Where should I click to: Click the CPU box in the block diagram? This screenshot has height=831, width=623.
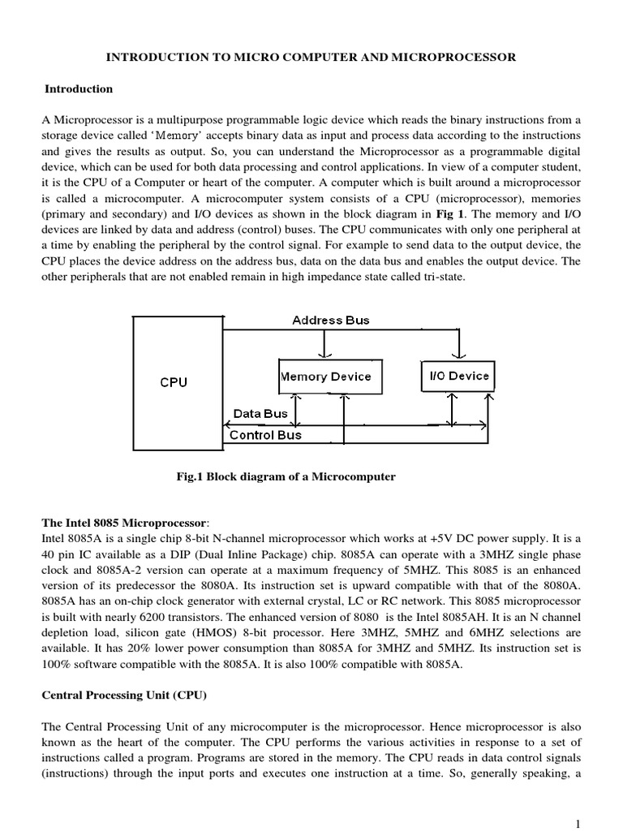[x=174, y=382]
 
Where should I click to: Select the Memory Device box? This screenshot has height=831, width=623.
[x=325, y=377]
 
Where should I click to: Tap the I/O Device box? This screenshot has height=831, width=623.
[x=458, y=376]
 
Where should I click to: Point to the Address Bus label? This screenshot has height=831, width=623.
[x=330, y=321]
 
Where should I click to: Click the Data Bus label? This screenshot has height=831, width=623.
[x=260, y=414]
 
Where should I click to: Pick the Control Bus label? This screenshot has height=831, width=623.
[x=265, y=435]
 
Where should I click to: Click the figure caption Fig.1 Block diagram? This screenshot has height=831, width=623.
[x=286, y=477]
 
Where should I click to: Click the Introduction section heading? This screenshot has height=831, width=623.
[x=79, y=88]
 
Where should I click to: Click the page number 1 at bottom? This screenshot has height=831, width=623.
[x=577, y=824]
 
